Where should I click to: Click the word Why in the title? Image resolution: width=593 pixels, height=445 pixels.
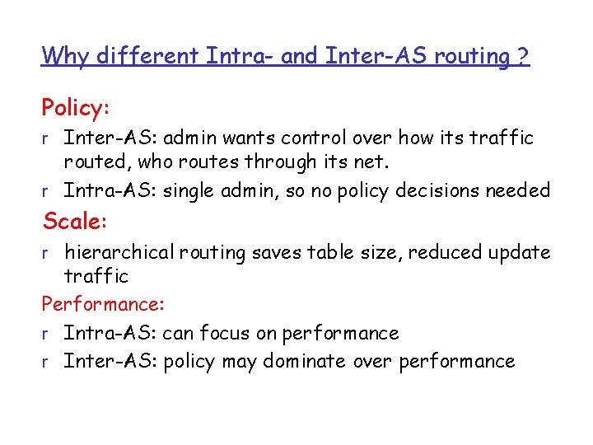tap(64, 56)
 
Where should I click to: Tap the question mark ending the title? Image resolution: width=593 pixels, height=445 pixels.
tap(524, 56)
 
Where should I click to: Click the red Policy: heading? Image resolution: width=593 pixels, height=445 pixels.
tap(76, 108)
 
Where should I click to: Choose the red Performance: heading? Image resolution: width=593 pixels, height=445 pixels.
tap(104, 305)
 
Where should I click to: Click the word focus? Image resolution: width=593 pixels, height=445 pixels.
tap(250, 333)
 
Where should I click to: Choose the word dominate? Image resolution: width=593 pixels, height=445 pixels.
tap(304, 361)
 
